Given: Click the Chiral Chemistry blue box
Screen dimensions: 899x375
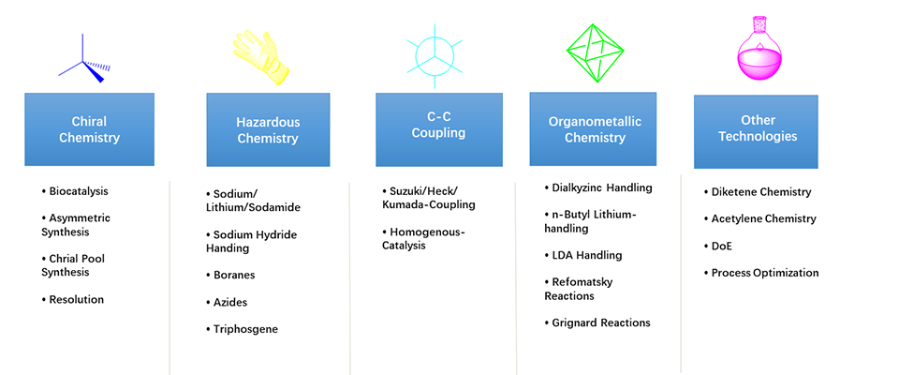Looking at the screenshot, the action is click(90, 129).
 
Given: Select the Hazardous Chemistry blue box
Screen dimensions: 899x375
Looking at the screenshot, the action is click(268, 129).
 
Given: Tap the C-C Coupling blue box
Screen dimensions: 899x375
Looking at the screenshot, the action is click(439, 129).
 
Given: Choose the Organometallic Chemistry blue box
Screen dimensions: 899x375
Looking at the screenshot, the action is click(593, 129).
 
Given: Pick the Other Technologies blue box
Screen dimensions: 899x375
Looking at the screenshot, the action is click(756, 131).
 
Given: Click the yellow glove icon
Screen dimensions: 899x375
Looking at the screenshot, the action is click(262, 57).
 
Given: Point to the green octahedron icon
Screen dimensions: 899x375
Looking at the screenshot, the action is click(596, 53).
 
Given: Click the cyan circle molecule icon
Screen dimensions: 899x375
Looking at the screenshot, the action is click(435, 56).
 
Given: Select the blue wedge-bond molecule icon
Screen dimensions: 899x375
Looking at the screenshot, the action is click(84, 58).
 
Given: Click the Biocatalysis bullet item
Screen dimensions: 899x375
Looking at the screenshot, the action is click(75, 191).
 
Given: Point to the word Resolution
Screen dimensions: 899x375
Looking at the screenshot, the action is click(76, 299).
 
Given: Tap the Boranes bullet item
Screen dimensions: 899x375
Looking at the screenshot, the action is click(230, 275).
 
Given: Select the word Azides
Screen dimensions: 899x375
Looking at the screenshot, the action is click(230, 302).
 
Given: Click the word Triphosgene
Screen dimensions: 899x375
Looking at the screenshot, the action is click(245, 330).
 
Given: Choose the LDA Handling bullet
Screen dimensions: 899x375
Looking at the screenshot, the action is click(583, 255).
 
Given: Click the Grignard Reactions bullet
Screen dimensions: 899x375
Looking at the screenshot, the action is click(597, 322).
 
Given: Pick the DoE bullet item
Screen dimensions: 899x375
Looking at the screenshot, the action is click(718, 246).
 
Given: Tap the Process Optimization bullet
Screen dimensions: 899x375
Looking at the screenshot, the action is click(761, 273).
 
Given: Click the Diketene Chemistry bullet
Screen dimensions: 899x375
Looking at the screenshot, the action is click(758, 192).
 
